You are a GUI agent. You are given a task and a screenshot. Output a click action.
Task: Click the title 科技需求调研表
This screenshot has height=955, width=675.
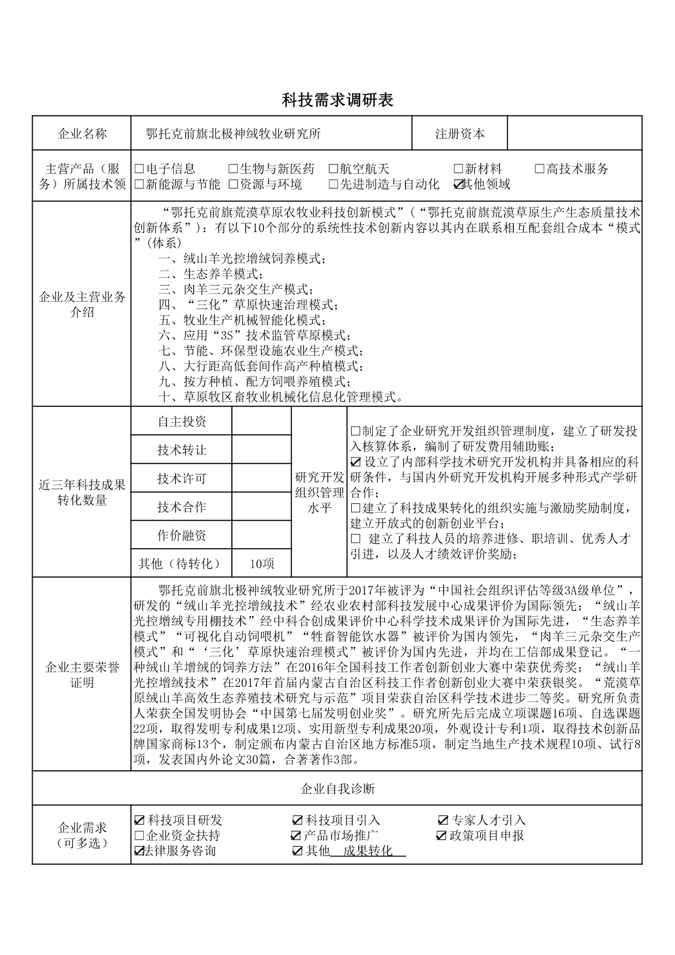[337, 100]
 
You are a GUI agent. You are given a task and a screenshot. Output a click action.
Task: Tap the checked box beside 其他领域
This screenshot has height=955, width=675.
[458, 185]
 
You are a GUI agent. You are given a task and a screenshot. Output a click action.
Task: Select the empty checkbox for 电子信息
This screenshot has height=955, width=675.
[139, 169]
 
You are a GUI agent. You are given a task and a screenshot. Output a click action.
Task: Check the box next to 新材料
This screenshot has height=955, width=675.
[458, 169]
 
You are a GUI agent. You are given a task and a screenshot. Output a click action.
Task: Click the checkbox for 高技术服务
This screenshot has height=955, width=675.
[539, 169]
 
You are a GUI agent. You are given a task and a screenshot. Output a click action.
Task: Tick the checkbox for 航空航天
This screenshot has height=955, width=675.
[333, 169]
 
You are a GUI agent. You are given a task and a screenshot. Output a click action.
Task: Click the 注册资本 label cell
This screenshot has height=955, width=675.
[459, 134]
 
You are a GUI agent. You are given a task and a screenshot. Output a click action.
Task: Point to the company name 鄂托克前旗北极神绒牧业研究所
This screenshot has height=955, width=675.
[234, 134]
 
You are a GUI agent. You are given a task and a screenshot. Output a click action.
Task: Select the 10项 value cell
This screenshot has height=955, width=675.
[262, 564]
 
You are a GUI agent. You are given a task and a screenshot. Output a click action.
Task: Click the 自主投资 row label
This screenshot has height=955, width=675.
[182, 422]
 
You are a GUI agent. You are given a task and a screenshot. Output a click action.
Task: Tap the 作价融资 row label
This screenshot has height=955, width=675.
[182, 536]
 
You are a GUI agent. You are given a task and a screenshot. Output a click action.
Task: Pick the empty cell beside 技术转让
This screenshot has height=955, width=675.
[262, 450]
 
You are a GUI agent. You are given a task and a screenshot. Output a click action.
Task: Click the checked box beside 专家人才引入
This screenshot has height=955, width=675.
[443, 820]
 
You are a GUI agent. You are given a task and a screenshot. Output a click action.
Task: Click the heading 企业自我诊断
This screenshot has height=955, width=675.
[337, 789]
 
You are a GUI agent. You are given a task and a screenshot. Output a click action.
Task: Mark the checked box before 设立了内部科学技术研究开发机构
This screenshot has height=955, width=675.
[356, 463]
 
